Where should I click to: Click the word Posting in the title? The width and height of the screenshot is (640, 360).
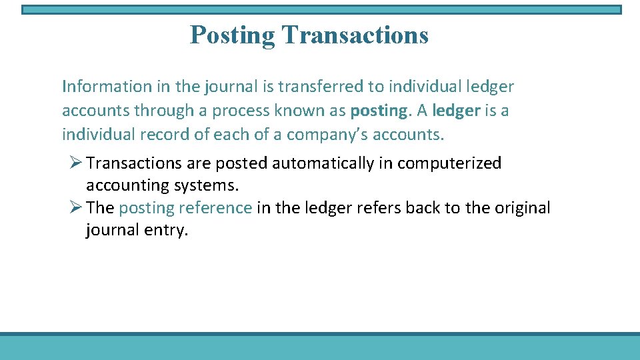click(x=232, y=35)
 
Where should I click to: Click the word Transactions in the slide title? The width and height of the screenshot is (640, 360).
click(x=355, y=35)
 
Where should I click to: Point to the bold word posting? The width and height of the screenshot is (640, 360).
click(x=378, y=111)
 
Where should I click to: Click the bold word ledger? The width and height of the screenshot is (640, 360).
click(x=456, y=111)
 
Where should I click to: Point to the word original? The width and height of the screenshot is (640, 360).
click(x=522, y=208)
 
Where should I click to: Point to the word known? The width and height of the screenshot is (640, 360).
click(x=297, y=111)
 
